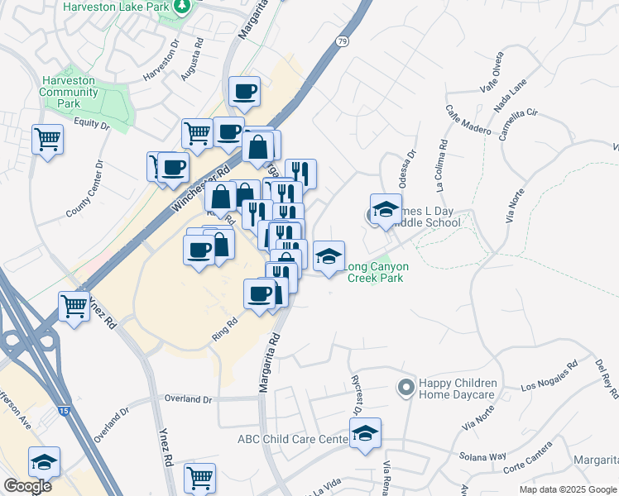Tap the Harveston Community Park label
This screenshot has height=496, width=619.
tap(70, 92)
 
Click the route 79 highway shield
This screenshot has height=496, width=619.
tap(342, 41)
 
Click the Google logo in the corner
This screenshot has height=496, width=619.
tap(27, 485)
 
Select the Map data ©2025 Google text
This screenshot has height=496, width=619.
tap(568, 489)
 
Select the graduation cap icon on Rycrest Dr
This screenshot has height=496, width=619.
tap(365, 432)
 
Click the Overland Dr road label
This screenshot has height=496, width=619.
tap(189, 399)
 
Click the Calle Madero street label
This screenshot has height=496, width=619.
tap(468, 120)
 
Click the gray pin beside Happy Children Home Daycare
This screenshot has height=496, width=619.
tap(405, 387)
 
